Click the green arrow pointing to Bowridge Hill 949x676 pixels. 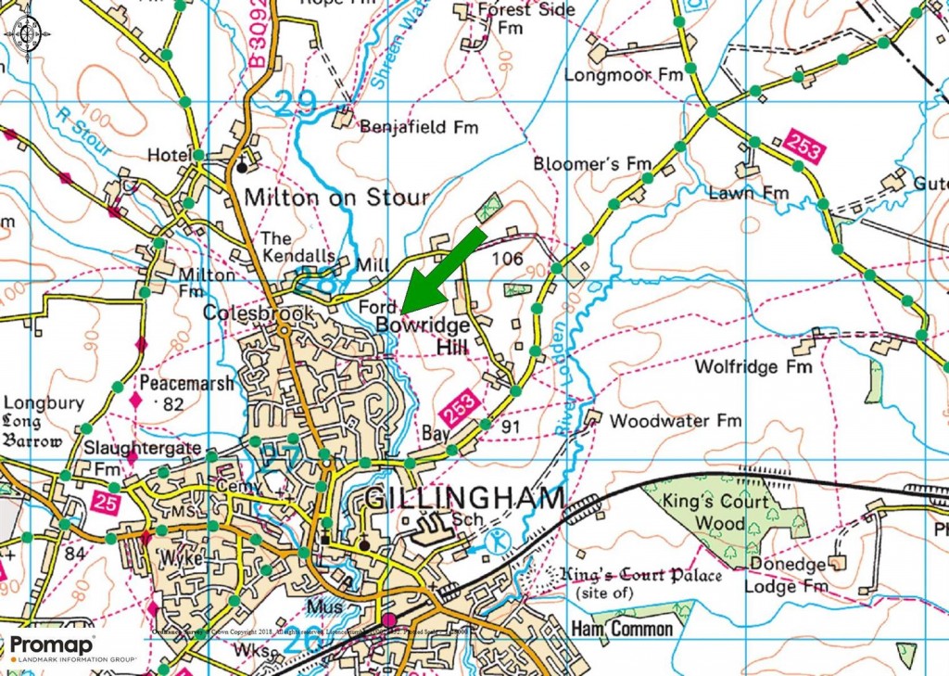442,269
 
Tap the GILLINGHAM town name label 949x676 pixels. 464,499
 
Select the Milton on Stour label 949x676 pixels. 336,198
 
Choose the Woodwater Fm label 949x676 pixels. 676,421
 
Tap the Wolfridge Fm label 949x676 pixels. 753,367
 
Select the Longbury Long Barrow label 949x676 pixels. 44,422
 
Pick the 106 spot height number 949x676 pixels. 508,259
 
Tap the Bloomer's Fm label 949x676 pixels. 593,164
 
